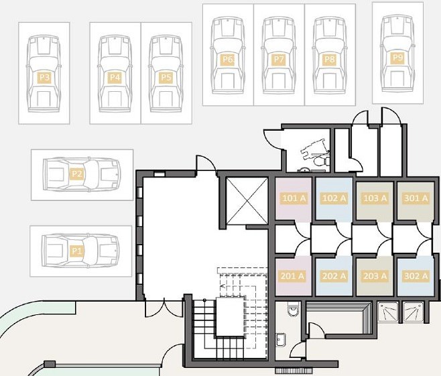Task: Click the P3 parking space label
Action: (x=44, y=78)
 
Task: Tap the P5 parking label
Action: (x=166, y=78)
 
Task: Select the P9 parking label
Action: (x=397, y=58)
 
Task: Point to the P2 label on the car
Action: (x=76, y=174)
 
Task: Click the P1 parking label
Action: (x=76, y=251)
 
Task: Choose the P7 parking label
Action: (x=279, y=60)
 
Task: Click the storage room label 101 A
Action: (x=294, y=198)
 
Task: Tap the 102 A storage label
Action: (x=334, y=198)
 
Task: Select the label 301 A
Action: (x=416, y=198)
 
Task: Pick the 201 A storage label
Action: (x=292, y=276)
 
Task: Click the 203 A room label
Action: (x=375, y=276)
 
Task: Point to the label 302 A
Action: (x=416, y=276)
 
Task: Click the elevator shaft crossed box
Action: (x=247, y=201)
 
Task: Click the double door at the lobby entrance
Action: (x=164, y=310)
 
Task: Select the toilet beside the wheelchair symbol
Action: (x=322, y=162)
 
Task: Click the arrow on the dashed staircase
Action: (x=223, y=286)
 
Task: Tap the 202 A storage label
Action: (x=334, y=276)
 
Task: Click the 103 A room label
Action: (x=375, y=198)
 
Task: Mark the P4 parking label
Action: (x=115, y=78)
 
